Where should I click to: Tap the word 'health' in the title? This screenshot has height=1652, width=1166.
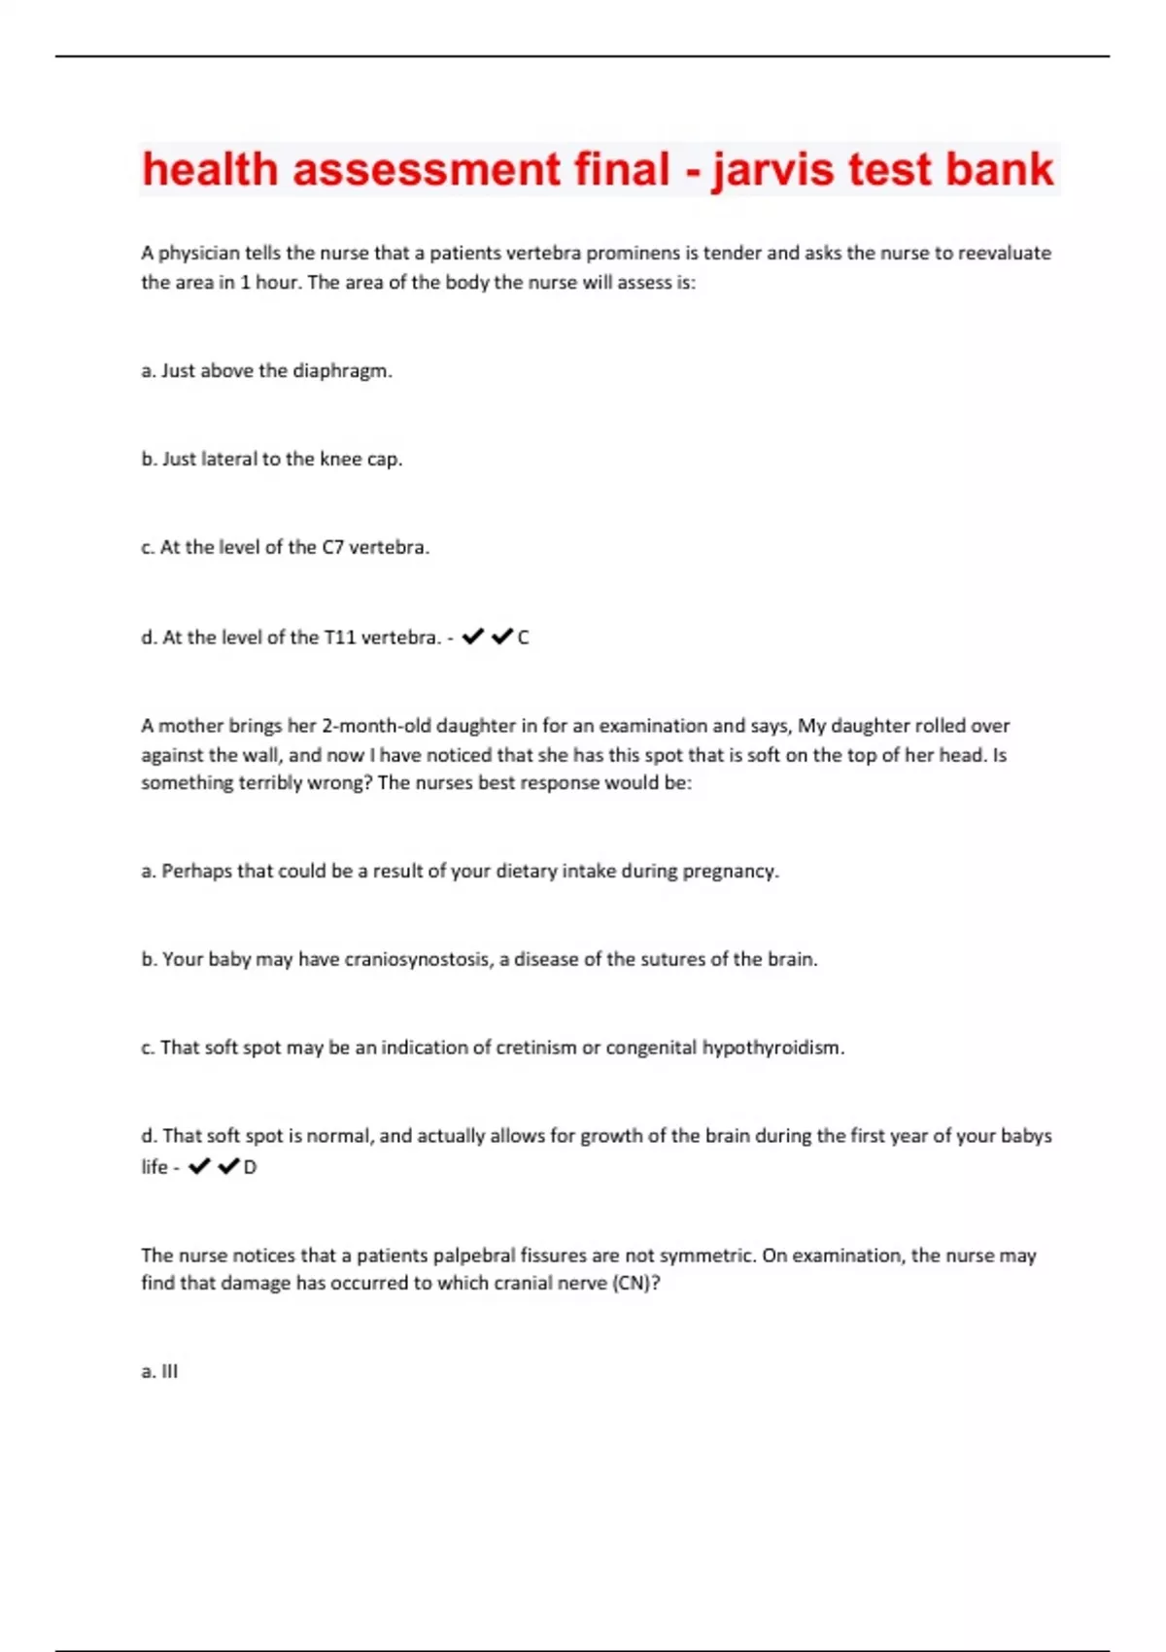point(210,169)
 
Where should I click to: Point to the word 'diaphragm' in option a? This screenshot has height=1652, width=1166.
point(340,370)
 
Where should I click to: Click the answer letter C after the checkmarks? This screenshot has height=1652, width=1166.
point(524,637)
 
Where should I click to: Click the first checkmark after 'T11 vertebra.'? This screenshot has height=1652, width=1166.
point(473,637)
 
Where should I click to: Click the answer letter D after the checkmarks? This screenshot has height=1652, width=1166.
point(251,1167)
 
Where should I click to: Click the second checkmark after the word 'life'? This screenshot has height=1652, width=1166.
point(229,1166)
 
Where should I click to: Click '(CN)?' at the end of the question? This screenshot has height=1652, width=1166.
point(635,1283)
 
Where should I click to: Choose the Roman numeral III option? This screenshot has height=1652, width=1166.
point(169,1371)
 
